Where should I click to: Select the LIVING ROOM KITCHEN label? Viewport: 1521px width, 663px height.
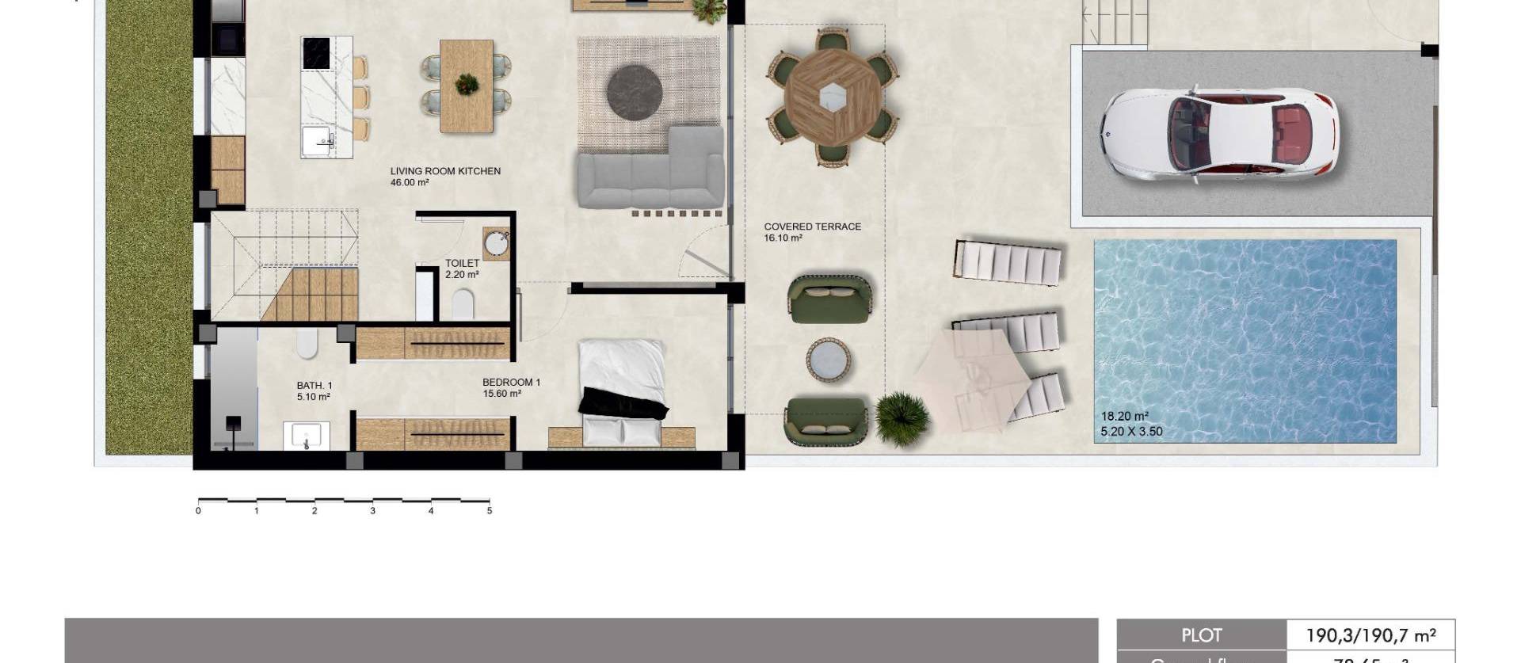pos(445,171)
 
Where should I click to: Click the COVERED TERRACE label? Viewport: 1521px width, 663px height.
pos(812,227)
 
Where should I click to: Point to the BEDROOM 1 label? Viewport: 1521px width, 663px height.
pos(511,383)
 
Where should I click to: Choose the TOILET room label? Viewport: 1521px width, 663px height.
pos(462,263)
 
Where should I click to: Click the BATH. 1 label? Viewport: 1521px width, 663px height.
pos(314,386)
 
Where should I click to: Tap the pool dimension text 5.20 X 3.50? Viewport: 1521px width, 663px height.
pos(1131,432)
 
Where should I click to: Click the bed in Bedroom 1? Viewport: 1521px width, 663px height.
pos(621,388)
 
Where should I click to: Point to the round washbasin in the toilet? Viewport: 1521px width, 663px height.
pos(497,242)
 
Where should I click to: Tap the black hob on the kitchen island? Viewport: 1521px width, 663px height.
pos(315,55)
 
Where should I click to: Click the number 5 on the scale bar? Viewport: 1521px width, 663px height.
pos(490,511)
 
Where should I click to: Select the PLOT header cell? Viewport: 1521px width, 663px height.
pos(1201,635)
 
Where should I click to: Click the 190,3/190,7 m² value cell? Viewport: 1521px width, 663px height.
pos(1370,635)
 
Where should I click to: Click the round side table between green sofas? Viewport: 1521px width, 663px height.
pos(829,360)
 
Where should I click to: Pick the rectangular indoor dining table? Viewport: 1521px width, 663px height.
pos(467,86)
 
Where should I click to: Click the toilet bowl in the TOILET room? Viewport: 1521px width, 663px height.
pos(462,303)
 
